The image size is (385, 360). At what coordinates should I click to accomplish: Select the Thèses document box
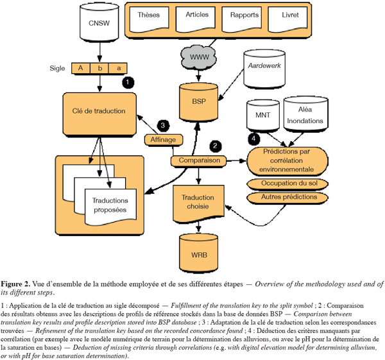(149, 19)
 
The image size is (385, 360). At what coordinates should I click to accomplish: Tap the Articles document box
(196, 19)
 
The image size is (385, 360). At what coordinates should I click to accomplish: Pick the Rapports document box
(242, 19)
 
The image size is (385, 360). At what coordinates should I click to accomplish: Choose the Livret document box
(287, 19)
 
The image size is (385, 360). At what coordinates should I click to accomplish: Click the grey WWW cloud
(199, 57)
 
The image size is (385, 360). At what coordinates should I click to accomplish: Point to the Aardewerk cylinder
(264, 69)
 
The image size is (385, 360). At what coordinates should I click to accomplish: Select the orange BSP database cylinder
(199, 102)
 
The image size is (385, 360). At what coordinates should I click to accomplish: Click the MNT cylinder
(262, 115)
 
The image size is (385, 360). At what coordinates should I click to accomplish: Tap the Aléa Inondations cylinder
(305, 114)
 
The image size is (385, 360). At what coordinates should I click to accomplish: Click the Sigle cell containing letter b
(99, 68)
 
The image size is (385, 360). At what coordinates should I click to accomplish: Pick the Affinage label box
(163, 140)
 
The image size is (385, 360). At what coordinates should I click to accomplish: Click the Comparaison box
(199, 161)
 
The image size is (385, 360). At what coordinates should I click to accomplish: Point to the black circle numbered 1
(128, 82)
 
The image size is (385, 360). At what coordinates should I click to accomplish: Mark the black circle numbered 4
(253, 139)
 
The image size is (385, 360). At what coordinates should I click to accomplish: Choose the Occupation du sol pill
(287, 184)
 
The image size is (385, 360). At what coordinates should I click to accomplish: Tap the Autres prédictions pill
(287, 198)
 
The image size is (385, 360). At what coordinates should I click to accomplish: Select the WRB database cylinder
(199, 253)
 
